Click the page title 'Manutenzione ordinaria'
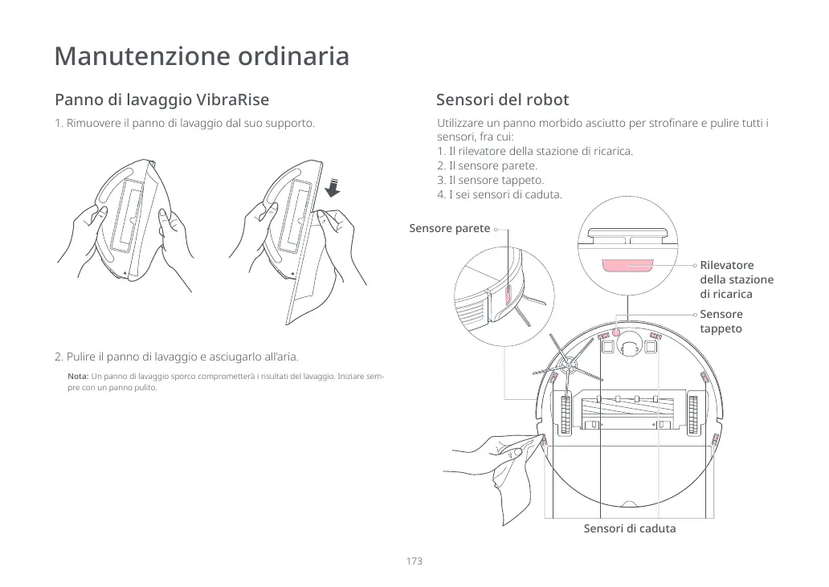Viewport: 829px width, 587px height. click(x=202, y=57)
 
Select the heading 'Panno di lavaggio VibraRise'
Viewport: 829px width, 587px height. click(x=161, y=100)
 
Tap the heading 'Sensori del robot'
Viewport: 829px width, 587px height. click(x=502, y=100)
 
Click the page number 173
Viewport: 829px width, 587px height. click(x=414, y=561)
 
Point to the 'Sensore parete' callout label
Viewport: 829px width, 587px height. click(x=449, y=229)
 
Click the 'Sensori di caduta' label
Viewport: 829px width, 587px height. click(x=629, y=528)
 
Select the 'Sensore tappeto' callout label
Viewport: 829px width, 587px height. click(x=721, y=321)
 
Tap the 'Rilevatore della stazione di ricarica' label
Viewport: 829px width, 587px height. click(x=736, y=279)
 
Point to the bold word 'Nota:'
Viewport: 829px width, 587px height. click(x=78, y=377)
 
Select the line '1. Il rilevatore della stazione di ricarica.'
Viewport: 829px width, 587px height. click(x=535, y=151)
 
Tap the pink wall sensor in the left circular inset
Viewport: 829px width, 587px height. click(x=507, y=298)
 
